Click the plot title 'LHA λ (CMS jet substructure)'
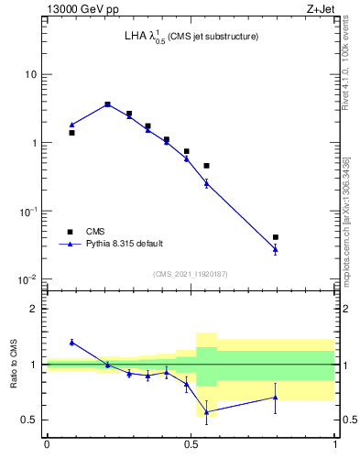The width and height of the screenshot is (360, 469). pyautogui.click(x=191, y=37)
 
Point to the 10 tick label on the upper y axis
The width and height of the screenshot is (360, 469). pyautogui.click(x=31, y=74)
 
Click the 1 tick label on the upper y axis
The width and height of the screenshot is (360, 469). pyautogui.click(x=35, y=143)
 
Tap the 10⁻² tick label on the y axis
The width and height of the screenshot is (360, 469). pyautogui.click(x=29, y=279)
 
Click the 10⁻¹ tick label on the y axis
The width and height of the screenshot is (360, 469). pyautogui.click(x=29, y=211)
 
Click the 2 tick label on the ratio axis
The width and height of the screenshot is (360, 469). pyautogui.click(x=35, y=309)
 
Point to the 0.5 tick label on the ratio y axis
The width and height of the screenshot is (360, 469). pyautogui.click(x=31, y=420)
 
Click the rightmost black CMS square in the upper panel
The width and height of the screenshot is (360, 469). pyautogui.click(x=275, y=237)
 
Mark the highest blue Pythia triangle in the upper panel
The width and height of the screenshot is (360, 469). pyautogui.click(x=107, y=104)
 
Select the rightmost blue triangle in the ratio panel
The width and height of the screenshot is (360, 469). pyautogui.click(x=275, y=397)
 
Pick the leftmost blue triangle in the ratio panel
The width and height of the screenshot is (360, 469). pyautogui.click(x=71, y=342)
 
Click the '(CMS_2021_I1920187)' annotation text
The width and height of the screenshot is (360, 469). pyautogui.click(x=191, y=274)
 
